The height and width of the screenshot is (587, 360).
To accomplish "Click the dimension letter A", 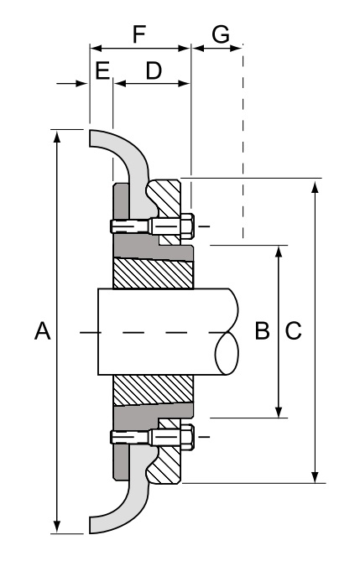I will [x=39, y=332].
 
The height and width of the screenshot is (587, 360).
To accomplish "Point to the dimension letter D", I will [x=154, y=71].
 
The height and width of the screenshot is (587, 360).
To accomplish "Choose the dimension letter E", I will [x=102, y=71].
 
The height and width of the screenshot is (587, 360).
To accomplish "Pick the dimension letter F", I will [x=140, y=35].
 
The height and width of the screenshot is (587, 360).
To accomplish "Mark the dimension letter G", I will [x=220, y=35].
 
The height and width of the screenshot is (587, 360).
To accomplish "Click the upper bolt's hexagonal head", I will [x=186, y=226].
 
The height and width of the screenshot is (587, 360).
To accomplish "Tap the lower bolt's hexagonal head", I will [x=186, y=437].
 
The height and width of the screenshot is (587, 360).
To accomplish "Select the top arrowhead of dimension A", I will [x=56, y=136].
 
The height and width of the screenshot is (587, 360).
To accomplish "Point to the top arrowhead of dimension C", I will [x=316, y=185].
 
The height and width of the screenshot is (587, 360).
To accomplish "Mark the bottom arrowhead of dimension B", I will [x=279, y=411].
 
